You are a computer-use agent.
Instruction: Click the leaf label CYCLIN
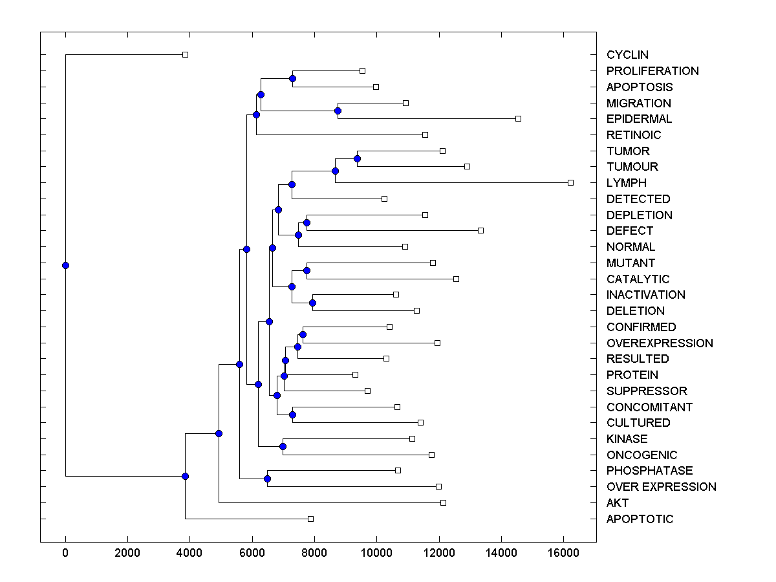(x=627, y=55)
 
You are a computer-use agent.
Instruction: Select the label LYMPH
(x=626, y=183)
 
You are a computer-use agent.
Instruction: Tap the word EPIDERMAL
(x=639, y=119)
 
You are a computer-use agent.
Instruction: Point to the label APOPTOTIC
(x=640, y=519)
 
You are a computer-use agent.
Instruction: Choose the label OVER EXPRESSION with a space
(x=661, y=487)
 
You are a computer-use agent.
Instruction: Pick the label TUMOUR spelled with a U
(x=631, y=167)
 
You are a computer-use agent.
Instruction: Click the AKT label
(x=617, y=503)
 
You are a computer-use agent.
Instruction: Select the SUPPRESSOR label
(x=647, y=391)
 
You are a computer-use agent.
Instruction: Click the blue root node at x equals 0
(x=65, y=265)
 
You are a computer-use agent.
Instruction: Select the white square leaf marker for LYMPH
(x=570, y=183)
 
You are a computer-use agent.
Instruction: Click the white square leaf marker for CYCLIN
(x=185, y=55)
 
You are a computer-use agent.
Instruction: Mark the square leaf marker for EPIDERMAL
(x=518, y=119)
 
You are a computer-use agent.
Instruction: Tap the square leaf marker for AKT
(x=443, y=503)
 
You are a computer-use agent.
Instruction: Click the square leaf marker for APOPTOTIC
(x=310, y=519)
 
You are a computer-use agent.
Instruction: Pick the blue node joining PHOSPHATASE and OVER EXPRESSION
(x=267, y=479)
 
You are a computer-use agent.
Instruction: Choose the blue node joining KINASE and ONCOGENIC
(x=283, y=447)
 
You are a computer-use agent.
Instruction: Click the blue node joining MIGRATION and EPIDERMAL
(x=338, y=111)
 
